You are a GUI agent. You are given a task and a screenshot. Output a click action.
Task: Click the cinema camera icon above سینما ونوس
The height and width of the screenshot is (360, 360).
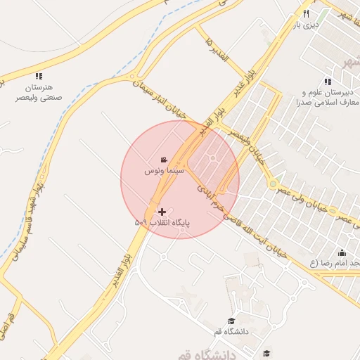click(164, 160)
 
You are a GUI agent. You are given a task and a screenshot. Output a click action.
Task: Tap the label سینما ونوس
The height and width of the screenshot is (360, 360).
click(164, 171)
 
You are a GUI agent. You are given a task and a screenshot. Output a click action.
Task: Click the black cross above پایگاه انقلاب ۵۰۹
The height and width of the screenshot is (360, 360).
click(162, 211)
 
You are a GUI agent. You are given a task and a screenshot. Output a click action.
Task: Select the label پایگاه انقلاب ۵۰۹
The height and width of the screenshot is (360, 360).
click(162, 222)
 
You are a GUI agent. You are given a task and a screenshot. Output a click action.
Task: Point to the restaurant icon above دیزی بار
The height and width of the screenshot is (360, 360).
click(306, 13)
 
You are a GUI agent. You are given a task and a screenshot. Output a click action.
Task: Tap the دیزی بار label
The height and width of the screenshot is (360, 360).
click(306, 25)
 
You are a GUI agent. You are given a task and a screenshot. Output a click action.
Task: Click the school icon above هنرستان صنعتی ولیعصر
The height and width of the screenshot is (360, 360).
click(39, 76)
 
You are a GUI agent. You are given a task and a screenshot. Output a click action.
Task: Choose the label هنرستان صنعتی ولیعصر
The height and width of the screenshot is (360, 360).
click(39, 94)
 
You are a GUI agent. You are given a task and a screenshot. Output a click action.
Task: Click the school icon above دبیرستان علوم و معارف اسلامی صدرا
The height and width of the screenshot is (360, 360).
click(328, 82)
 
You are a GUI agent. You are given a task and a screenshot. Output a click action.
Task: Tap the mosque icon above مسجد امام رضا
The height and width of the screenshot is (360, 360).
click(342, 252)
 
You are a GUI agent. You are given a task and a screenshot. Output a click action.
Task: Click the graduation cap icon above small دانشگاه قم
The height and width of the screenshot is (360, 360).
click(231, 321)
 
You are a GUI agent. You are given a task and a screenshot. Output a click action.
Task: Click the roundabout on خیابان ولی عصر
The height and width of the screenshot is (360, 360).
click(272, 184)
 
